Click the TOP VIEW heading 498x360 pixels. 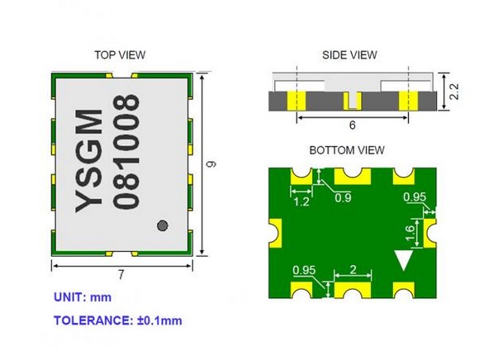120,54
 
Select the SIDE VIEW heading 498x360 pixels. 349,54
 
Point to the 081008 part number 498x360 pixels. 125,150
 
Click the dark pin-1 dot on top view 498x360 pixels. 163,224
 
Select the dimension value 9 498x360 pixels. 211,163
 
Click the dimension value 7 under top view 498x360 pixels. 122,273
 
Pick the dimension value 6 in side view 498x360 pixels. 352,126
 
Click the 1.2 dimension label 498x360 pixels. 302,201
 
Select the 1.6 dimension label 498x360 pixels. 410,234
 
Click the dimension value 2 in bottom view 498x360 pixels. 353,269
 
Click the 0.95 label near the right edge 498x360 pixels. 415,197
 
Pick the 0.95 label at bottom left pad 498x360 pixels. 305,269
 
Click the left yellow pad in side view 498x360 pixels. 296,101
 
